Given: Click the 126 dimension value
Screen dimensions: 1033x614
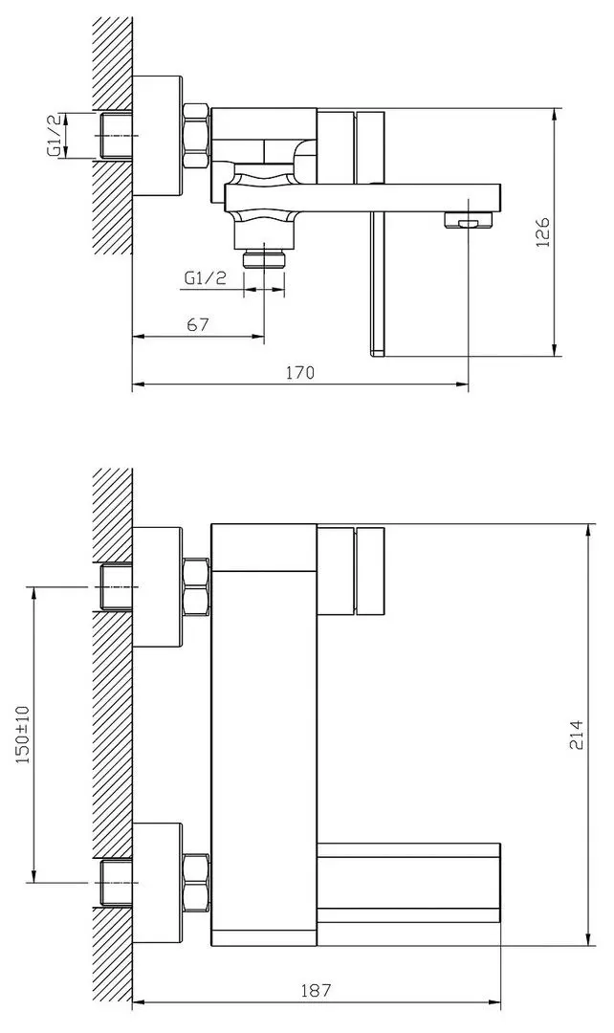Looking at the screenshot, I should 541,232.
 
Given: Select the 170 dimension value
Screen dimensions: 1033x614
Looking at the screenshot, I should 300,373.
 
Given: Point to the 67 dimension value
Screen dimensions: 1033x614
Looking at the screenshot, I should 198,324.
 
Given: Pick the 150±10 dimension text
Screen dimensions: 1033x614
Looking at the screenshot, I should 23,735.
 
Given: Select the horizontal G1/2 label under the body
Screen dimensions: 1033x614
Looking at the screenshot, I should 205,278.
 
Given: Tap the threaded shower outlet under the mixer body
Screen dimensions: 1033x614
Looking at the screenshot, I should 265,258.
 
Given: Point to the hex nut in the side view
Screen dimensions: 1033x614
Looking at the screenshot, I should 195,136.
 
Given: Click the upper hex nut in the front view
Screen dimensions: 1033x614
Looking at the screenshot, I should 195,585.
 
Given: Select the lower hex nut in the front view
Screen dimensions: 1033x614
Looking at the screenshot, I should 195,882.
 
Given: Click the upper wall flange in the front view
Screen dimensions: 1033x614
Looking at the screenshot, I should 157,585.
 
